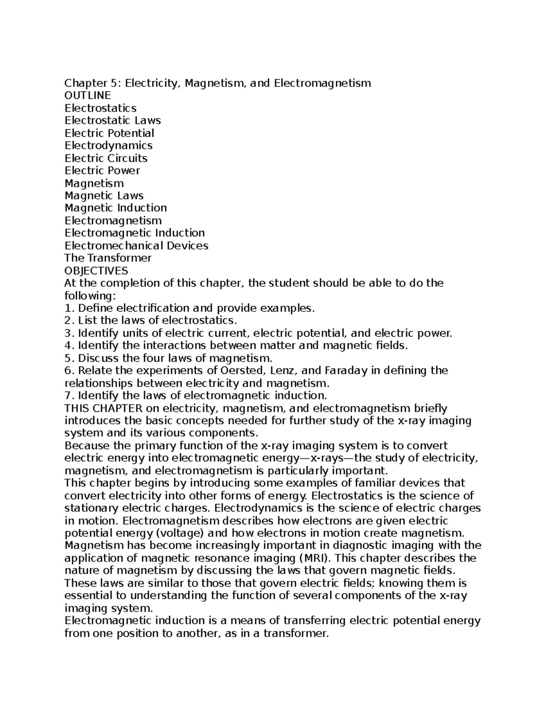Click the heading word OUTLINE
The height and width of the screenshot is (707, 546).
pyautogui.click(x=87, y=96)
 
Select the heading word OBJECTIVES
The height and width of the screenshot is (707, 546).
pyautogui.click(x=96, y=271)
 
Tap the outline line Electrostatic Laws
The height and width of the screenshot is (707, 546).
pyautogui.click(x=112, y=121)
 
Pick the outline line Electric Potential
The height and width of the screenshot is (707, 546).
pyautogui.click(x=109, y=133)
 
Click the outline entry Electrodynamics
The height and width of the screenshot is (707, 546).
pyautogui.click(x=108, y=146)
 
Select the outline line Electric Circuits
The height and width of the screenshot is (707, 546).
pyautogui.click(x=106, y=158)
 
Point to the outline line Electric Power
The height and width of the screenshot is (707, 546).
pyautogui.click(x=102, y=171)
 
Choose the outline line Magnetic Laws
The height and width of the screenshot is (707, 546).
pyautogui.click(x=104, y=196)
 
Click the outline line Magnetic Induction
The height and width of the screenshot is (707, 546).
pyautogui.click(x=116, y=208)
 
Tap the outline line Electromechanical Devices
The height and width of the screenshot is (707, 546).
pyautogui.click(x=136, y=246)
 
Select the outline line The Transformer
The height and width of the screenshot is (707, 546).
pyautogui.click(x=108, y=258)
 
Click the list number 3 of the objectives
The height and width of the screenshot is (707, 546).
pyautogui.click(x=68, y=333)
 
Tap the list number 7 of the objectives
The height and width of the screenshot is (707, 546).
pyautogui.click(x=68, y=396)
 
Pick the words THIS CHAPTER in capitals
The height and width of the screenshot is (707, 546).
pyautogui.click(x=104, y=408)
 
